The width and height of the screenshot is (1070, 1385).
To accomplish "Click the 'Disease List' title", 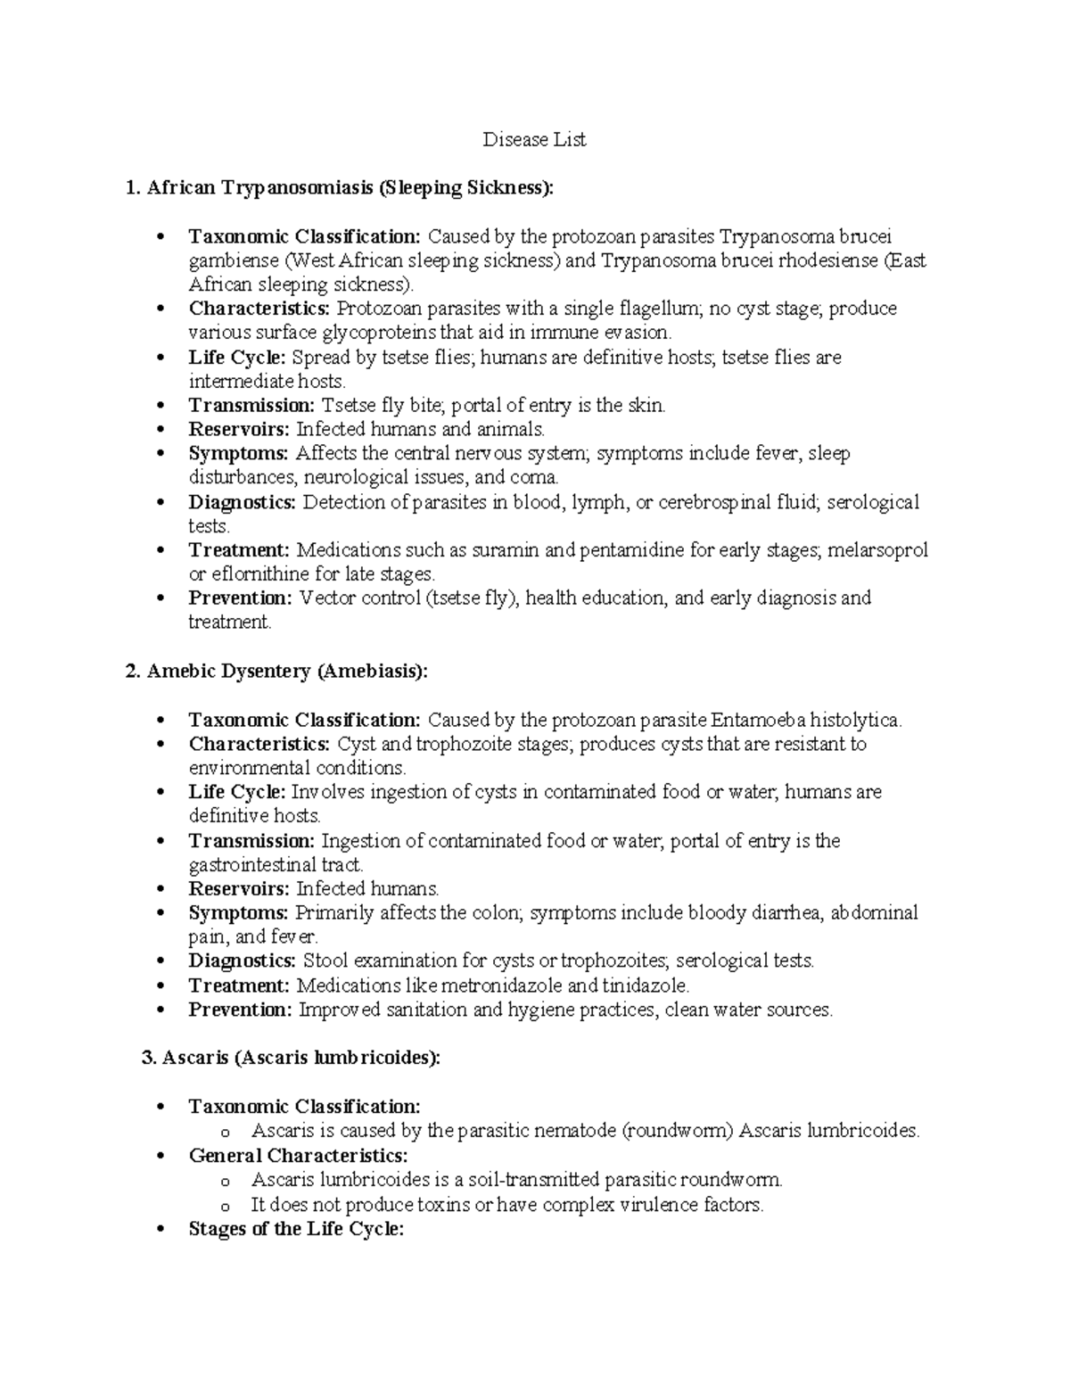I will [x=534, y=140].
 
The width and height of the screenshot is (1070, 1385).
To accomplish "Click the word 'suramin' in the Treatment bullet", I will [x=509, y=550].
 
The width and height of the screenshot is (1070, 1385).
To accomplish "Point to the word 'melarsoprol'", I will [x=877, y=550].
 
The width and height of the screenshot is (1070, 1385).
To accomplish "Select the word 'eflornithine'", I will [x=258, y=574].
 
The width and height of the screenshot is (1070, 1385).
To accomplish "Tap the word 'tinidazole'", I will [x=645, y=985].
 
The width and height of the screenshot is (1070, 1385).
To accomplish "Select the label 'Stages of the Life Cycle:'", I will [x=296, y=1229].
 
